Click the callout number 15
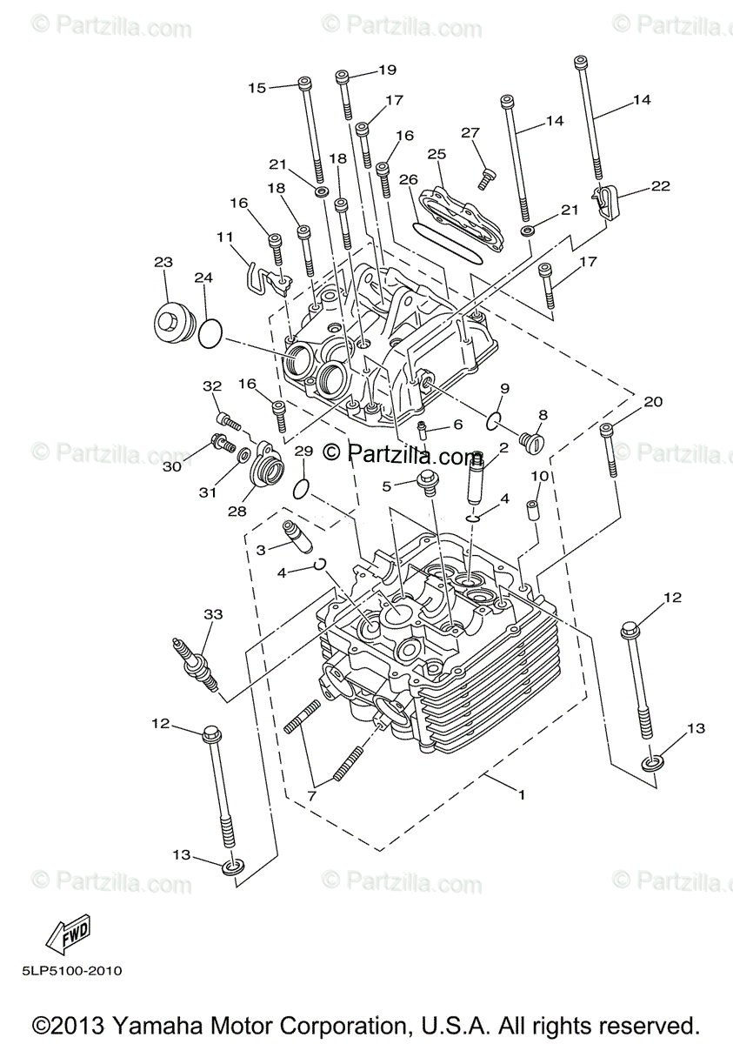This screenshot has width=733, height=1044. point(257,87)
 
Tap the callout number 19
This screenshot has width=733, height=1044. point(387,70)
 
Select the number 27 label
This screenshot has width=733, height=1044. point(470,133)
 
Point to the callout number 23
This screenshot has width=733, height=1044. point(163,262)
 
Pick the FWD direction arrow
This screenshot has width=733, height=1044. point(68,933)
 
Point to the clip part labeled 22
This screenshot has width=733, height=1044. point(605,203)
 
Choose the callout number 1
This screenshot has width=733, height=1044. point(522,794)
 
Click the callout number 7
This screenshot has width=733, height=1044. point(311,795)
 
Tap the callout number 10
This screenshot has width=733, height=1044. point(539,476)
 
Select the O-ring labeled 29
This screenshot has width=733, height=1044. point(300,488)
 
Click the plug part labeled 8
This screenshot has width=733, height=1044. point(530,442)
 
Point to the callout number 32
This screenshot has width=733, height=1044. point(213,385)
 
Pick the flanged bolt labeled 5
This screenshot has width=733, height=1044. point(429,481)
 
